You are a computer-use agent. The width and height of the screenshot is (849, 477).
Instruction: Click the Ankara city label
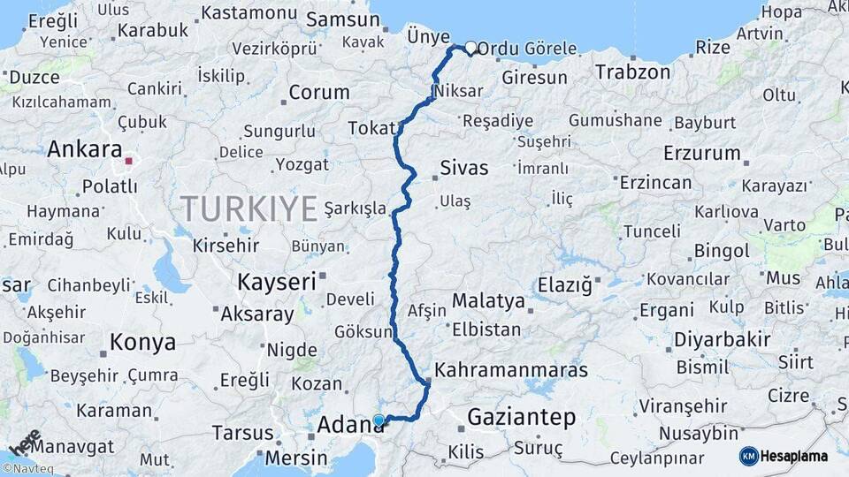[x=84, y=149]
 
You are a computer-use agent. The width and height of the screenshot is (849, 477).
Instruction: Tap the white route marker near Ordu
[x=470, y=49]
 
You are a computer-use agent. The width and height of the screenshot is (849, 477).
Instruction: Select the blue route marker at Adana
[x=379, y=420]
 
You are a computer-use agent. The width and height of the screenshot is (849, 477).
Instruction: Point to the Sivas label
[x=464, y=168]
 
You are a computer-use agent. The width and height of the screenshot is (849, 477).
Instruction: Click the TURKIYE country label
[x=249, y=209]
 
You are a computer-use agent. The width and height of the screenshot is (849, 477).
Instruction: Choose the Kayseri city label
[x=276, y=282]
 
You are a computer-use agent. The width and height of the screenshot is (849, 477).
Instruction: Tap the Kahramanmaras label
[x=511, y=369]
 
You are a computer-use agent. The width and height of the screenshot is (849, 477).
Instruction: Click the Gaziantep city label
[x=521, y=416]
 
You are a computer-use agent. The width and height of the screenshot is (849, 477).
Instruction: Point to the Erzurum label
[x=700, y=153]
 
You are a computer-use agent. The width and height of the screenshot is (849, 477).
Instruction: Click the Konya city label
[x=142, y=342]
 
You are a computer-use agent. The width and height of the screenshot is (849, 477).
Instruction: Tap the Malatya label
[x=488, y=301]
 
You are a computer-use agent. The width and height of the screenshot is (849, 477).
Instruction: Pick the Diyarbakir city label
[x=723, y=339]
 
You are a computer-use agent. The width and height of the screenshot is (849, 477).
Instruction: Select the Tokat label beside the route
[x=371, y=128]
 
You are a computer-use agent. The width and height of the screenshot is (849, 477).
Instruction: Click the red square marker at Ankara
[x=129, y=162]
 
